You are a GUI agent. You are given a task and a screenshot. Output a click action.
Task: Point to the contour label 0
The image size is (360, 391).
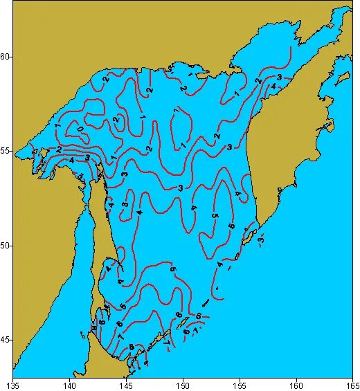coord(82,129)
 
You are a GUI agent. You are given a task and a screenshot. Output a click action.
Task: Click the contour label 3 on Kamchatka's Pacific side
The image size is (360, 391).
coord(261,239)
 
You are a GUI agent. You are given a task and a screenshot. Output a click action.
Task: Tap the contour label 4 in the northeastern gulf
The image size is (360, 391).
coord(273,87)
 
